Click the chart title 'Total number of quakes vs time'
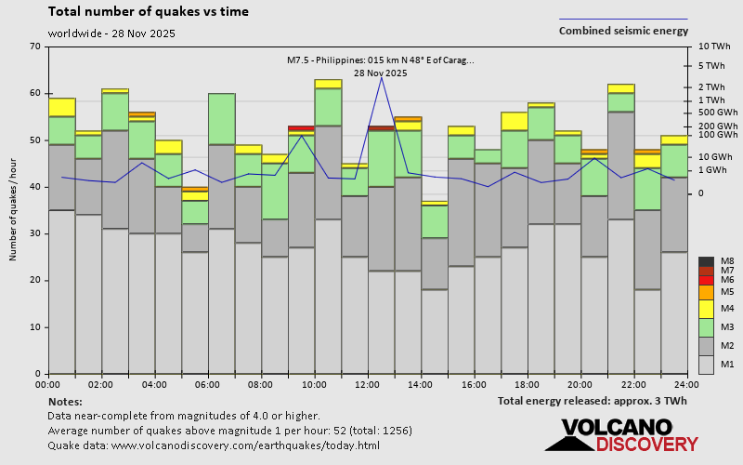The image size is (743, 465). click(148, 12)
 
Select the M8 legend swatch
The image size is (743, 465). click(707, 261)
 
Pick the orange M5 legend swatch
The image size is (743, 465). click(707, 292)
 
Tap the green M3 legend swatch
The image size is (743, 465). click(707, 327)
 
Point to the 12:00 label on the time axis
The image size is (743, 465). click(368, 384)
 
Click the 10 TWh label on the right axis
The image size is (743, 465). click(714, 46)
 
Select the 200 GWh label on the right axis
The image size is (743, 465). click(716, 126)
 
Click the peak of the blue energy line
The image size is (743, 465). click(381, 76)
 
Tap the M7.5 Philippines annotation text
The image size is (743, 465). click(381, 60)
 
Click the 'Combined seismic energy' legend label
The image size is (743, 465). click(623, 30)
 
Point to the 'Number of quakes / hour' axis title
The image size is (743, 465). click(14, 210)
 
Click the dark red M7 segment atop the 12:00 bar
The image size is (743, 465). click(381, 128)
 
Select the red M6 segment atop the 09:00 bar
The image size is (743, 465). click(301, 128)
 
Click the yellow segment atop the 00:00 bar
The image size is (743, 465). click(61, 107)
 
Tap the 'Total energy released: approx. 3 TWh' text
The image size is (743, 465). click(592, 401)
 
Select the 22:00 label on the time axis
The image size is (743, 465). click(634, 384)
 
